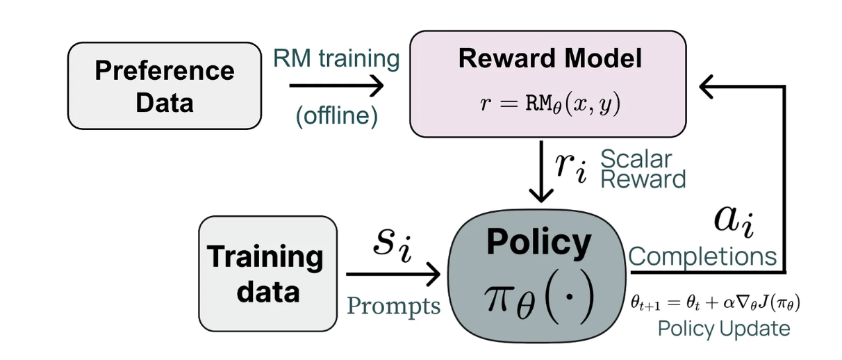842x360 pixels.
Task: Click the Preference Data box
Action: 165,86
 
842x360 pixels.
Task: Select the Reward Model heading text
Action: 550,59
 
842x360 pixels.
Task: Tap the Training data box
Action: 267,273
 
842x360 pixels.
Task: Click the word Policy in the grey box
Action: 539,242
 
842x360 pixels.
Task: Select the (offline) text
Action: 337,116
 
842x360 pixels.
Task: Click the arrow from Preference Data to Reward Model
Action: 337,87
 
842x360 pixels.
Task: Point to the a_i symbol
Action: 734,220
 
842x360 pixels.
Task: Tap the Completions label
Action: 702,256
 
